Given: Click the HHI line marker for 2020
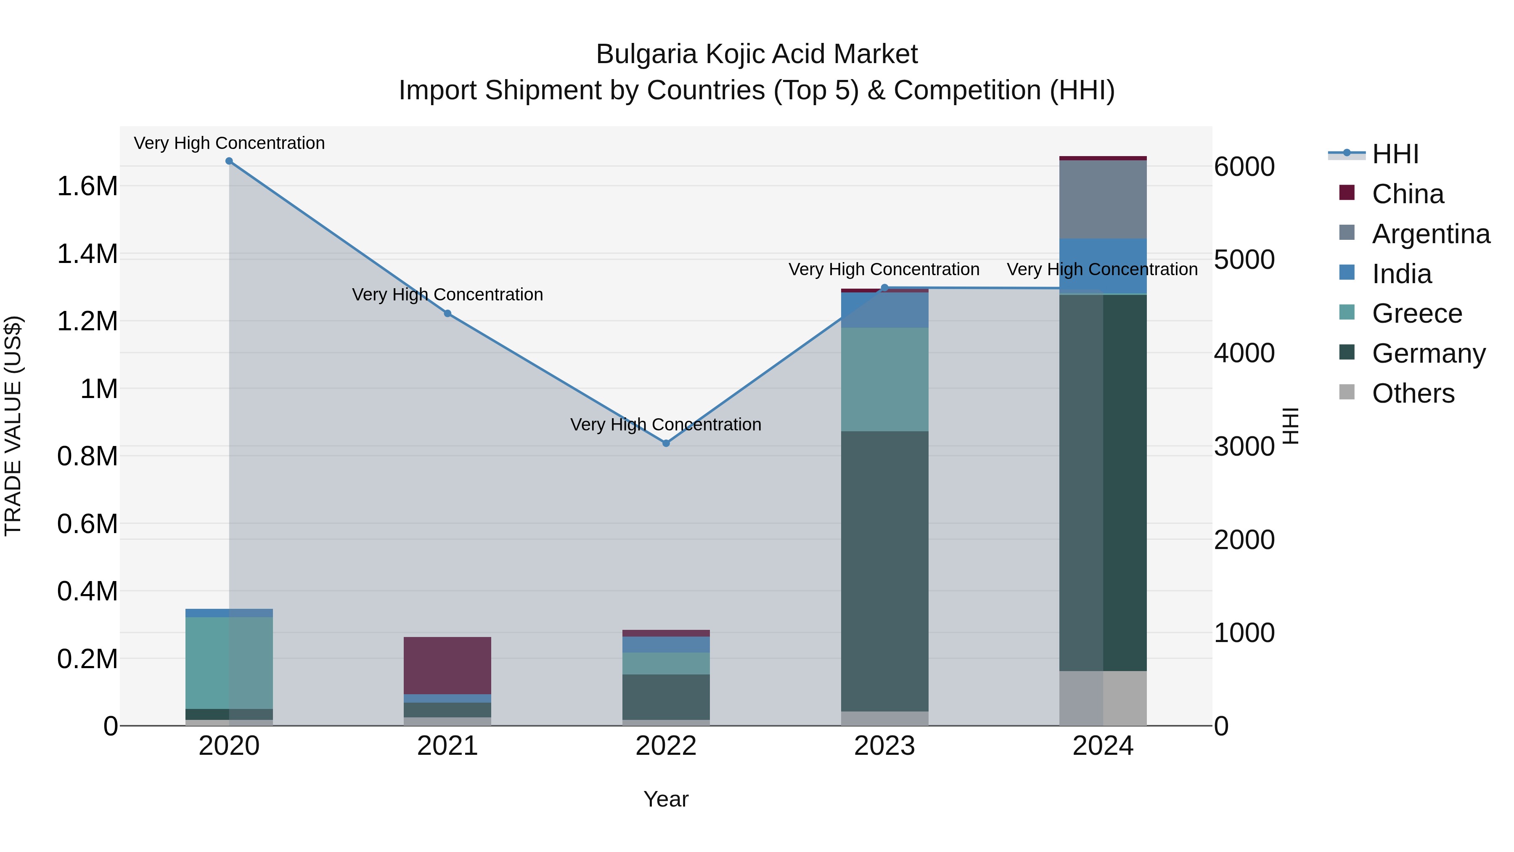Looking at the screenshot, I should click(229, 161).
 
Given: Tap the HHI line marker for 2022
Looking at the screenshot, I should click(666, 443).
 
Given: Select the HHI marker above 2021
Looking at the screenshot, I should click(448, 314).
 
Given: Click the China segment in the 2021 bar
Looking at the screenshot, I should click(448, 666).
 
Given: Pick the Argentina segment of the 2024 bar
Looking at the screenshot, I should click(1103, 200).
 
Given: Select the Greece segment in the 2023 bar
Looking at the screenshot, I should click(884, 380).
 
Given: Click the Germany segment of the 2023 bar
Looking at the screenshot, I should click(884, 571).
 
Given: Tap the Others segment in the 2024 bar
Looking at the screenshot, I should click(1103, 698).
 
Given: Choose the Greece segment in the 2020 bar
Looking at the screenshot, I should click(229, 663).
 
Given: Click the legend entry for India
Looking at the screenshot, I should click(1401, 274).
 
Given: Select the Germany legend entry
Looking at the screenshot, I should click(1428, 353).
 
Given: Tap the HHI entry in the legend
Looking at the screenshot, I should click(1395, 154).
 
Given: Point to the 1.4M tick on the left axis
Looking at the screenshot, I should click(87, 255).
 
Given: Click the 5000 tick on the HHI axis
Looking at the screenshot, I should click(1244, 260).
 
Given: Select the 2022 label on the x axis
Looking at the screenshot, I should click(666, 746).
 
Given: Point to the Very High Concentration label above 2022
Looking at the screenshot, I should click(666, 425).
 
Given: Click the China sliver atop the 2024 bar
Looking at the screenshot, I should click(1103, 158).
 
